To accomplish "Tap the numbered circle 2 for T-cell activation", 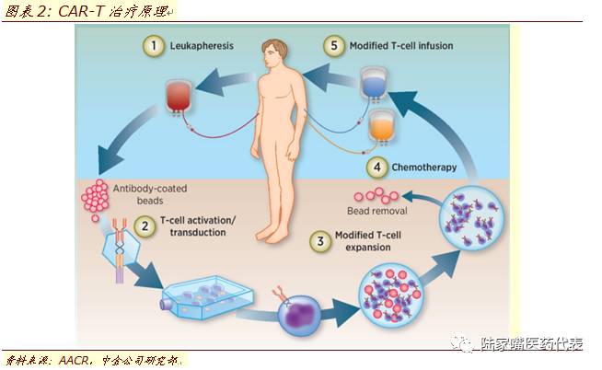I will pos(145,225).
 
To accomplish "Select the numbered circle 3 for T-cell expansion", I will pos(319,243).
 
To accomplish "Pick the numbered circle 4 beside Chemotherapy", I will pos(376,168).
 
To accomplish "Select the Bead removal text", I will pos(383,211).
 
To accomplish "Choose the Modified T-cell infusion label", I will pos(401,44).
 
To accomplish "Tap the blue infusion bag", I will pos(372,84).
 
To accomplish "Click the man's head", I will pos(272,52).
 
